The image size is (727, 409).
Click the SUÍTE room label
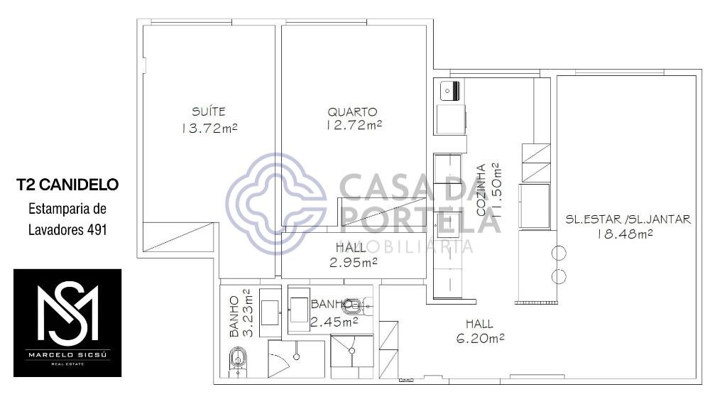(x=209, y=111)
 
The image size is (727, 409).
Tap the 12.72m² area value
(x=354, y=125)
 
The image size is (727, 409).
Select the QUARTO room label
(x=352, y=111)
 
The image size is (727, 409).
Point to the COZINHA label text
(x=481, y=190)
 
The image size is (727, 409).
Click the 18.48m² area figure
(x=625, y=234)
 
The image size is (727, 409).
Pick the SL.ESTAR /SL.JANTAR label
(x=628, y=219)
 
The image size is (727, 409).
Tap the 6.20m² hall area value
(x=481, y=339)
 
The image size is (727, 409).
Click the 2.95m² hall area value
(x=354, y=263)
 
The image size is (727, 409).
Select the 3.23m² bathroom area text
(x=248, y=312)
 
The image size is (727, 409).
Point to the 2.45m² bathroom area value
(x=334, y=322)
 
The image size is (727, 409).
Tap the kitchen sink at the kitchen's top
(x=449, y=90)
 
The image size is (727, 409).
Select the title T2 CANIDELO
(x=67, y=185)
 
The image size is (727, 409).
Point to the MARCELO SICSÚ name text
(x=67, y=355)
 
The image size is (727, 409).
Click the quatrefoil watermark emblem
(x=277, y=204)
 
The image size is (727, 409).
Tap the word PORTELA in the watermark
(x=421, y=219)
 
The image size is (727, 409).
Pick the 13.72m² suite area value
(x=209, y=128)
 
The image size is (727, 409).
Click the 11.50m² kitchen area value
(x=495, y=190)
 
